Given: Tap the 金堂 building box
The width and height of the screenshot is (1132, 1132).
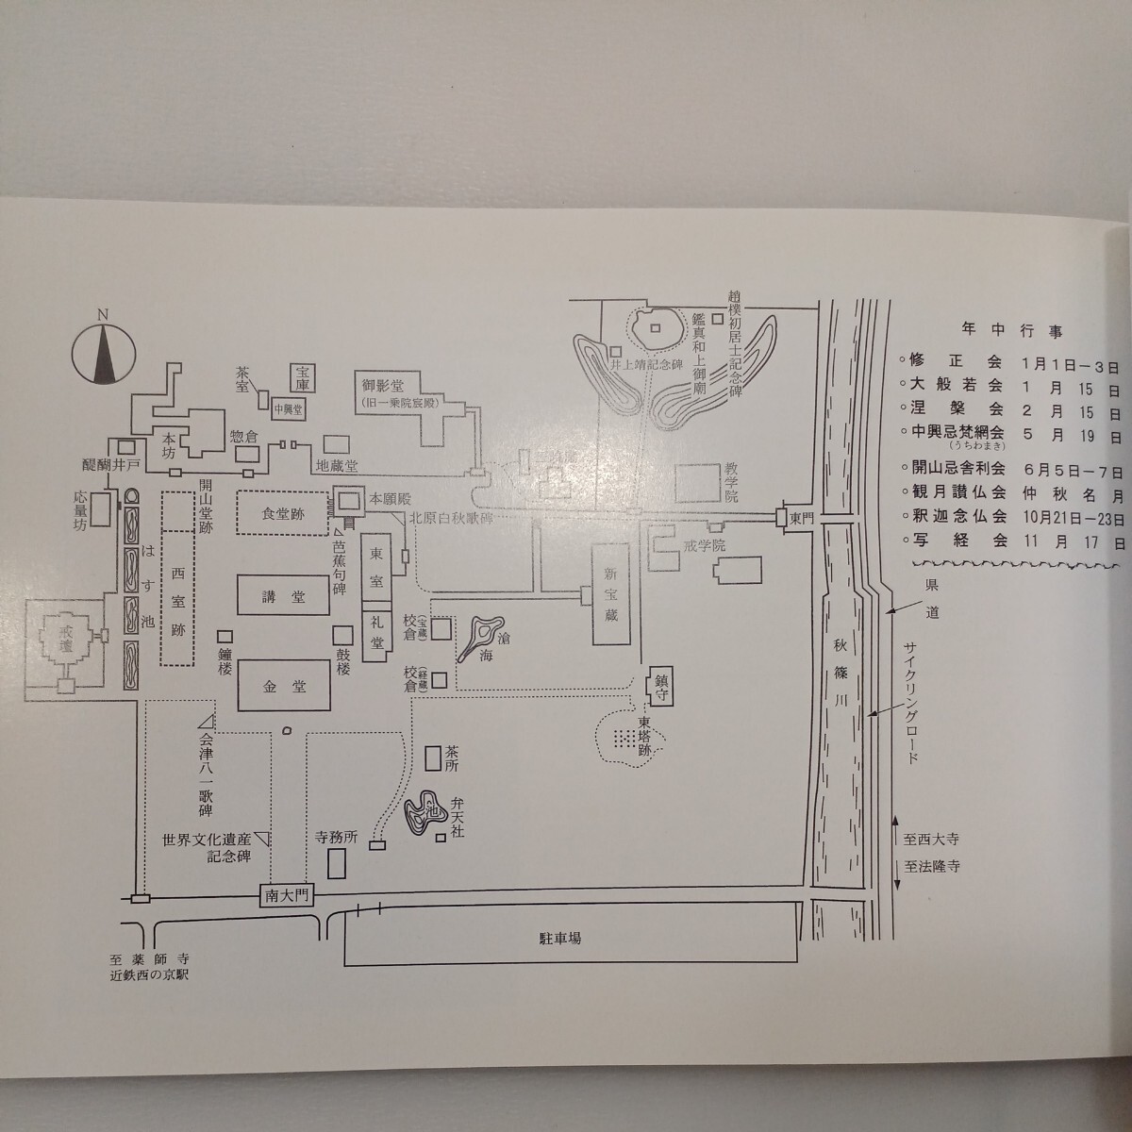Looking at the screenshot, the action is click(284, 687).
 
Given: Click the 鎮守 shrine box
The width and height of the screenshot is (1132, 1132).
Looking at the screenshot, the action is click(660, 687).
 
